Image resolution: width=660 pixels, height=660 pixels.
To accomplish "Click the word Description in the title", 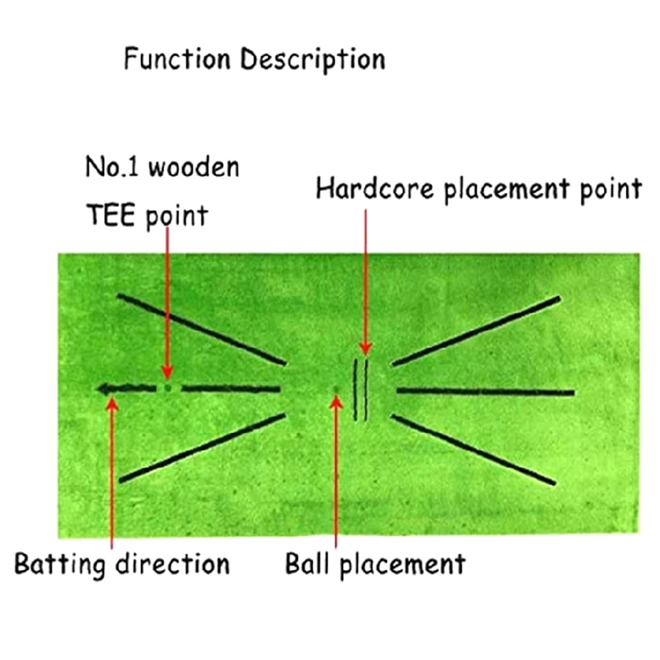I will click(x=313, y=60).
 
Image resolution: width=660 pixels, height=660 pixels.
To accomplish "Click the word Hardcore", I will click(x=372, y=189).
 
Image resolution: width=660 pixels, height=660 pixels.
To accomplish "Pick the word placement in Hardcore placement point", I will click(x=504, y=190).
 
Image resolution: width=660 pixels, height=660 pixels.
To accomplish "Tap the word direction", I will click(x=172, y=564).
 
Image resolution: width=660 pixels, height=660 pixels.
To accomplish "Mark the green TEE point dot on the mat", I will click(x=167, y=387).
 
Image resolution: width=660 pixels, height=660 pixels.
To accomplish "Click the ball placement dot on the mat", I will click(x=335, y=391).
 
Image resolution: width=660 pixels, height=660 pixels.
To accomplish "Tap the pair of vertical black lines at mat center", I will click(x=361, y=389).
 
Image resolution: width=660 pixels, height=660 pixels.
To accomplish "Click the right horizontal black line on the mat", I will click(x=485, y=390).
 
